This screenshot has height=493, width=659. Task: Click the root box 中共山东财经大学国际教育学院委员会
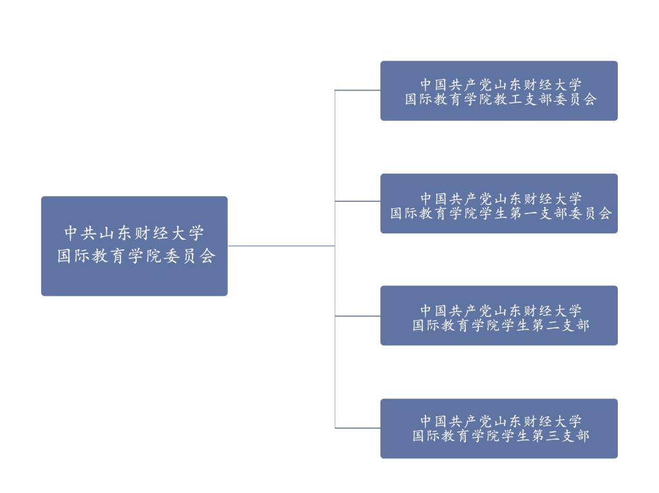coord(135,246)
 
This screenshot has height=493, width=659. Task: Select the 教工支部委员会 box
coord(499,91)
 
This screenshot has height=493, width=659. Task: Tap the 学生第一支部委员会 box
coord(499,203)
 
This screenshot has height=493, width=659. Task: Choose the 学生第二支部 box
coord(499,316)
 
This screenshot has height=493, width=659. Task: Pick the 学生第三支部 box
coord(499,428)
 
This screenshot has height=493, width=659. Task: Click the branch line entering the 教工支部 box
coord(358,91)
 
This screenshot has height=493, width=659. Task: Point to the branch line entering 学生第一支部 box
coord(358,201)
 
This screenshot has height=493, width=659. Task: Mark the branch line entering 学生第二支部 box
coord(358,316)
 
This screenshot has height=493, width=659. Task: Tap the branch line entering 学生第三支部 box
coord(358,428)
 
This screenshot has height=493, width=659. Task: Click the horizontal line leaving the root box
coord(281,246)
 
